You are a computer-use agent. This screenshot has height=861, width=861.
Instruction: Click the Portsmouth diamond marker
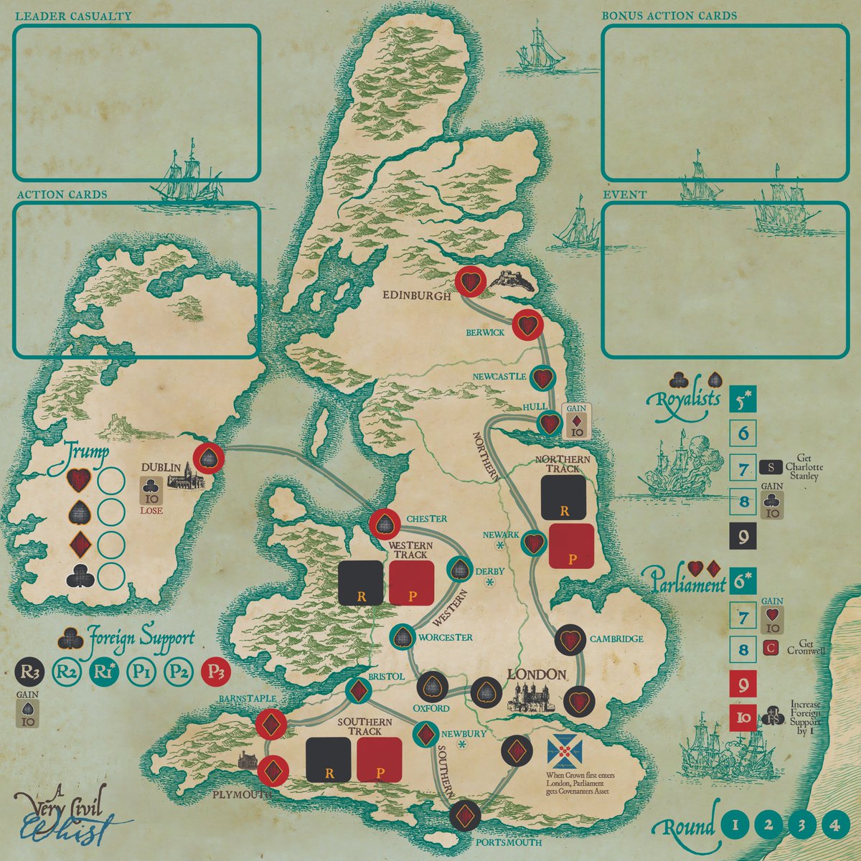coord(466,815)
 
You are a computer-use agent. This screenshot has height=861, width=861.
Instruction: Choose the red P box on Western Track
coord(411,583)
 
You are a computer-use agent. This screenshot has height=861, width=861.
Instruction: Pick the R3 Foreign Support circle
coord(29,672)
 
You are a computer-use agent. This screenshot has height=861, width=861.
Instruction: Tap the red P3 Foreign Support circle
coord(216,672)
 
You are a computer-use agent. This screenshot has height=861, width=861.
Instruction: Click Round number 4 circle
coord(833,825)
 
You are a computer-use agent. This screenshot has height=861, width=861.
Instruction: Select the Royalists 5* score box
coord(743,399)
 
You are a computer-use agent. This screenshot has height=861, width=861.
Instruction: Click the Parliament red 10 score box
coord(743,717)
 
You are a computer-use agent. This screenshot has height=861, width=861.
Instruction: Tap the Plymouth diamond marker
coord(272,771)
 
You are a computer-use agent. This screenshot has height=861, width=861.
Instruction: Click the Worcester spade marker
coord(403,636)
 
